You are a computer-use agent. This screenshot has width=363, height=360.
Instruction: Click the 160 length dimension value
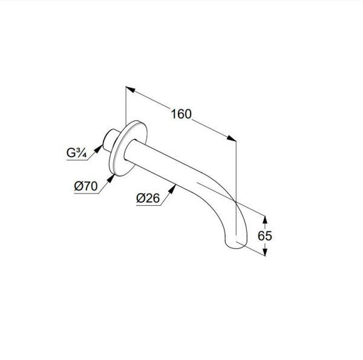point(181,114)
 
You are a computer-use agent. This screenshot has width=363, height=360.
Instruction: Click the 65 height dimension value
point(264,236)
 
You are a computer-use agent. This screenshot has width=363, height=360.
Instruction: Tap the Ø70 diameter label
point(86,186)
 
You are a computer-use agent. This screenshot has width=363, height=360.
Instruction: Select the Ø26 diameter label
point(148,198)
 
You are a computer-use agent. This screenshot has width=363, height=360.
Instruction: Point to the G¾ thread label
point(77,153)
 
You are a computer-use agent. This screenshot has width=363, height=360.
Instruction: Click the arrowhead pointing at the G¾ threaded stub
point(99,148)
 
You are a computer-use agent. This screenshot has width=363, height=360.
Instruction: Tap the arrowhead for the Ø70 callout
point(111,178)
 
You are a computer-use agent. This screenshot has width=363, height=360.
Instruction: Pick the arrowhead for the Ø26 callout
point(172,189)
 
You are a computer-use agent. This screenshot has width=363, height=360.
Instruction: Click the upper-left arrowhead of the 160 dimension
point(130,90)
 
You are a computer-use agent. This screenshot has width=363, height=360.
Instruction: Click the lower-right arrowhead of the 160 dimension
point(232,138)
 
